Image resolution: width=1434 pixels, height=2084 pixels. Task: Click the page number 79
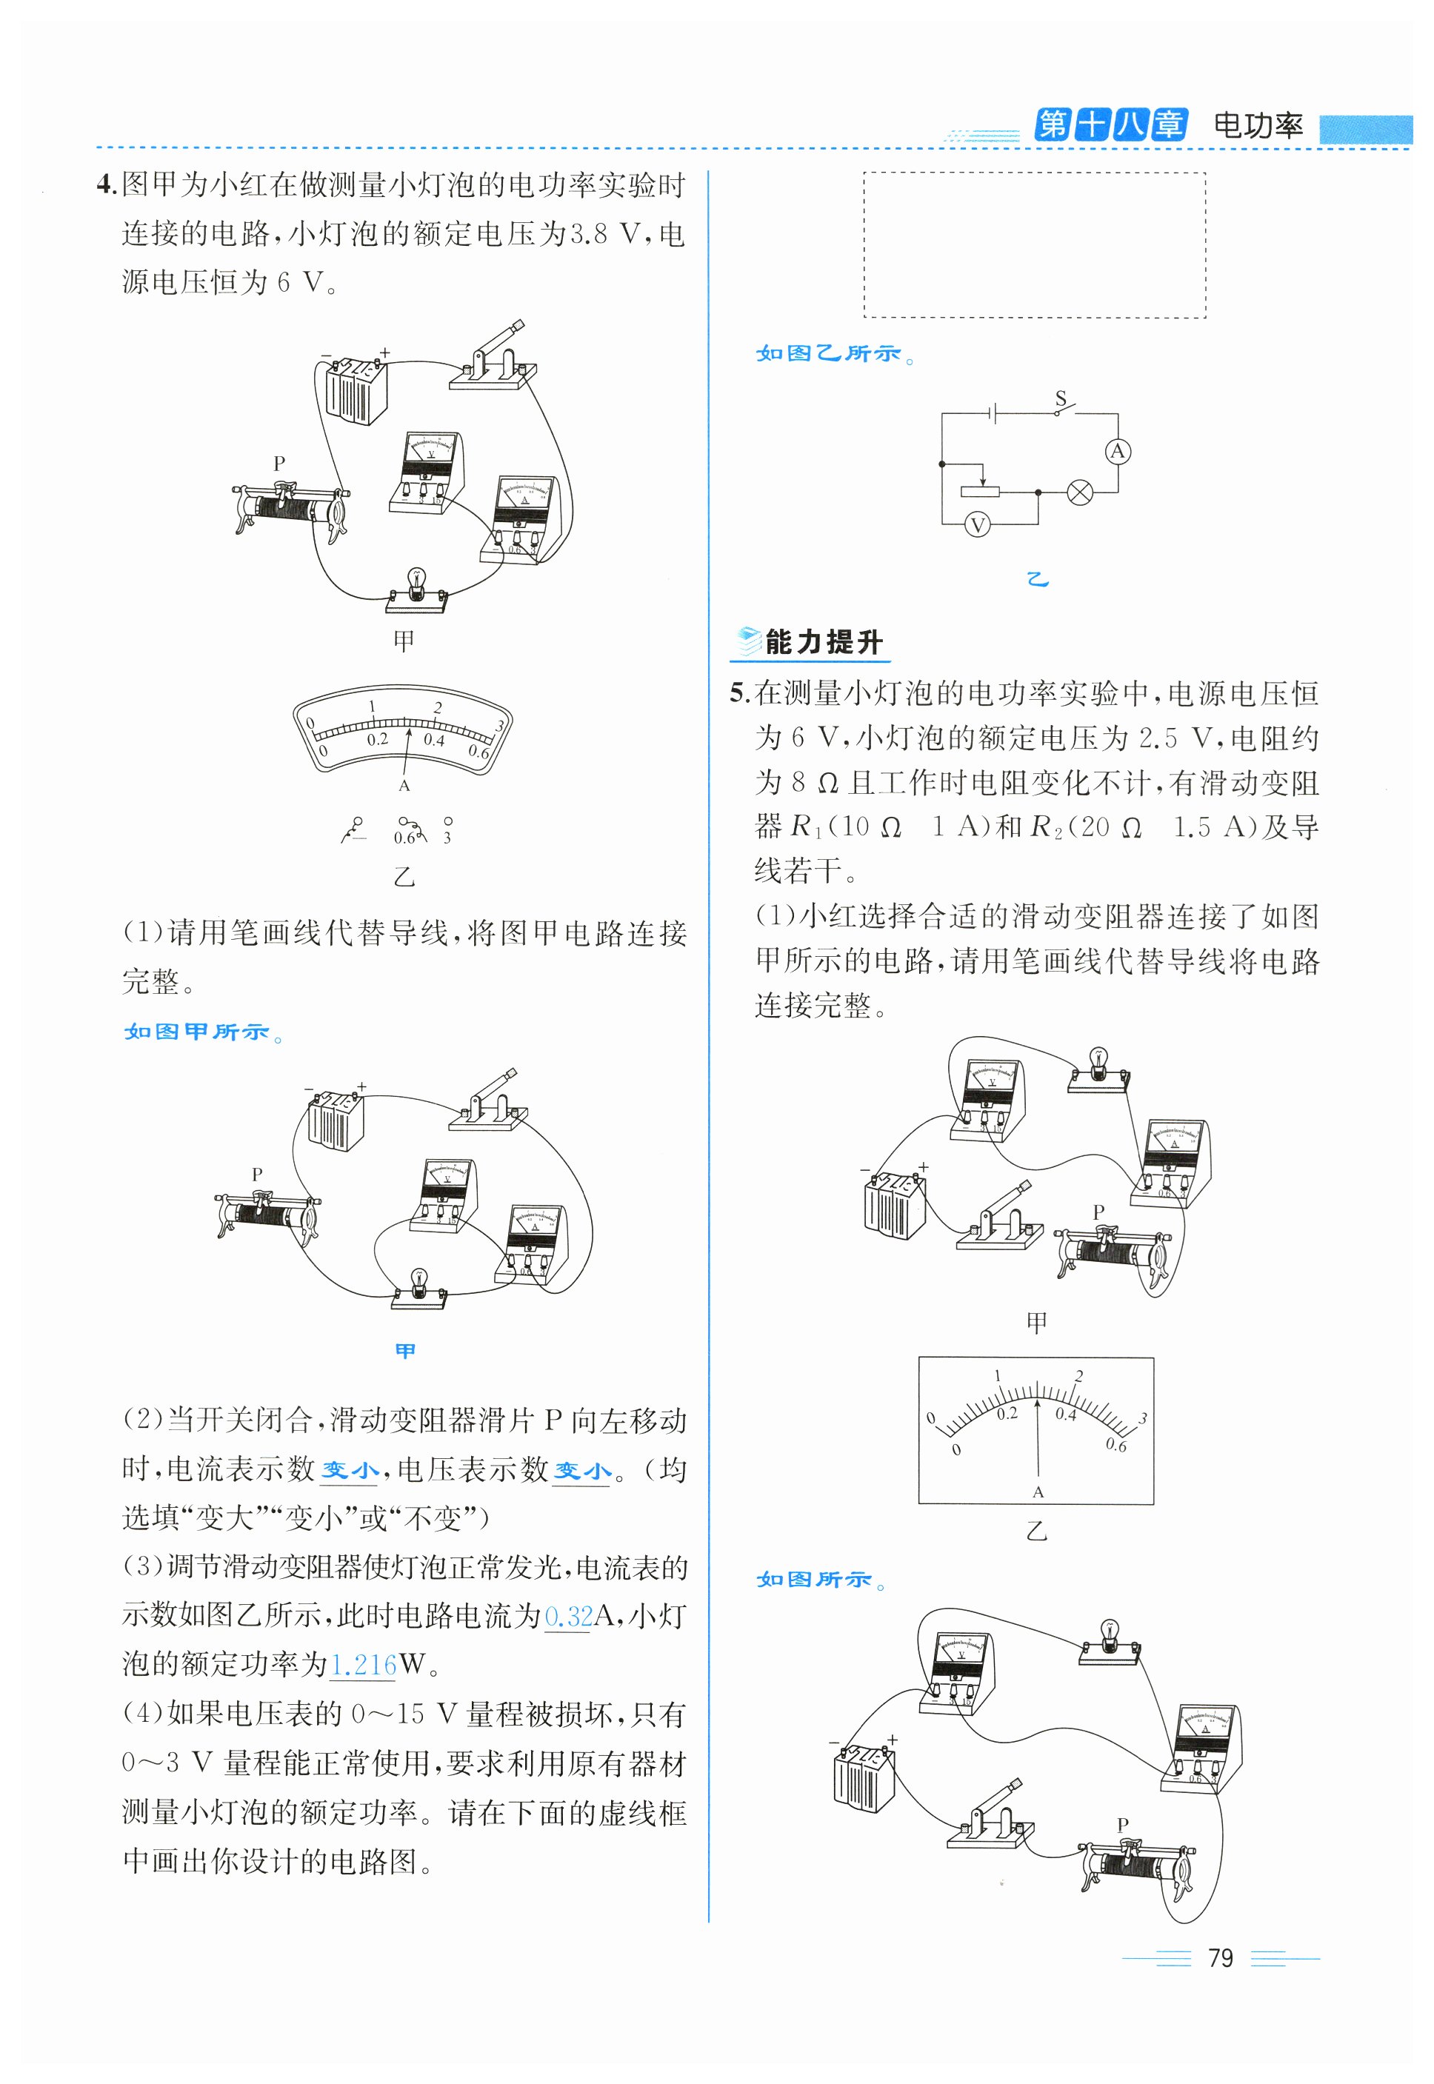coord(1220,1957)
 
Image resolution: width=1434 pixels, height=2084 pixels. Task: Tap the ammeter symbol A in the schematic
coord(1117,451)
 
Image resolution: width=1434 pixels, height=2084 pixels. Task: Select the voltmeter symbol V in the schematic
coord(977,526)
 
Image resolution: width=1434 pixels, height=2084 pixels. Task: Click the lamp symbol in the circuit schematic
coord(1079,492)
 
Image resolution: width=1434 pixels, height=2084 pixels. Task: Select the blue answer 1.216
coord(363,1665)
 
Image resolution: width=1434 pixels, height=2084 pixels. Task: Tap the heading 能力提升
coord(823,642)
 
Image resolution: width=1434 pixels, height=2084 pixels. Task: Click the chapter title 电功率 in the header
coord(1257,125)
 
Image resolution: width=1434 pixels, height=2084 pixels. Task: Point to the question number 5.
coord(738,692)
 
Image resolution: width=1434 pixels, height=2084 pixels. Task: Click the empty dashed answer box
coord(1034,244)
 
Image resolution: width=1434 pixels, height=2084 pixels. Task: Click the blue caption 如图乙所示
coord(828,354)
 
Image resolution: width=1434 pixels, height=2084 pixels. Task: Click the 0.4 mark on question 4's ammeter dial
coord(434,740)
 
